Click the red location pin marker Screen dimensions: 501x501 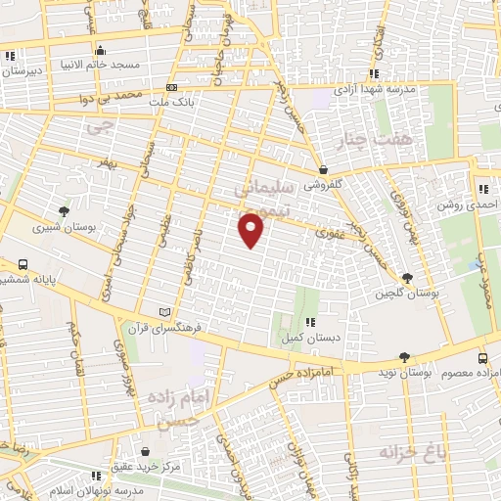point(251,229)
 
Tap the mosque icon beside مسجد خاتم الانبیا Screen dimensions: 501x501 point(99,51)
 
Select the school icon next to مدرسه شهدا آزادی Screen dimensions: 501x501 point(373,72)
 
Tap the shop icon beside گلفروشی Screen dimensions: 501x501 point(323,168)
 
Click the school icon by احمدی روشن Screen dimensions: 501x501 point(482,189)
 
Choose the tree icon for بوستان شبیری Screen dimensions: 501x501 point(65,211)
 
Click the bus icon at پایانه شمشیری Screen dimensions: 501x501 point(23,264)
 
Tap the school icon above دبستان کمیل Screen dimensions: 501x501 point(310,322)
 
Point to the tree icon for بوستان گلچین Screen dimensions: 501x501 point(407,278)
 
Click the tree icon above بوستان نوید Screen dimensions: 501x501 point(405,358)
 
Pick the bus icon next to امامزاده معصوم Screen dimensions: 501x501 point(484,359)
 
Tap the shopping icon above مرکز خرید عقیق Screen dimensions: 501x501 point(146,452)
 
